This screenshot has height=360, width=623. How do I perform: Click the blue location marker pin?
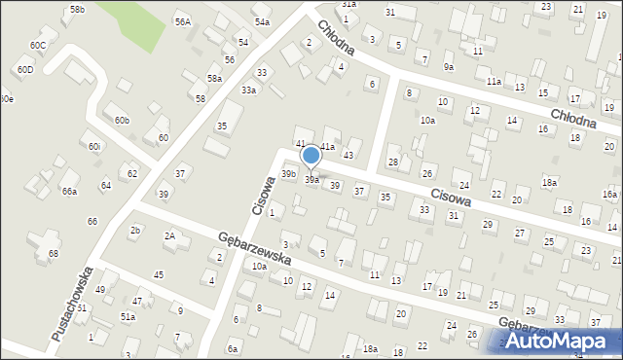[311, 156]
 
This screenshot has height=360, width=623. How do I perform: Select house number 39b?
[288, 174]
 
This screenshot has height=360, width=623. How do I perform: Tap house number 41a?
[328, 147]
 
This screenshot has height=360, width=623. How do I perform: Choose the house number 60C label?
[38, 46]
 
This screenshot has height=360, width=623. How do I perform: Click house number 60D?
[24, 70]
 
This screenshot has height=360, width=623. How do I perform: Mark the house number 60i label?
[93, 147]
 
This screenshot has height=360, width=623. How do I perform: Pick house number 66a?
[69, 192]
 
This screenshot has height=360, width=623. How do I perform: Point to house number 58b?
[78, 10]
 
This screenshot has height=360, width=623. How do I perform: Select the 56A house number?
[182, 21]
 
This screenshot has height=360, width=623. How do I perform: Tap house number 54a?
[262, 21]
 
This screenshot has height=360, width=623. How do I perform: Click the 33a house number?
[249, 90]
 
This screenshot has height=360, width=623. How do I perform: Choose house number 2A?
[169, 236]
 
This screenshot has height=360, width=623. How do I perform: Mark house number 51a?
[128, 317]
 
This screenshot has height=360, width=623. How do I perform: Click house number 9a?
[448, 67]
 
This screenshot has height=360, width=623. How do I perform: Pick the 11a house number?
[494, 81]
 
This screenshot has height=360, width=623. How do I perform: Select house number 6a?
[233, 348]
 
